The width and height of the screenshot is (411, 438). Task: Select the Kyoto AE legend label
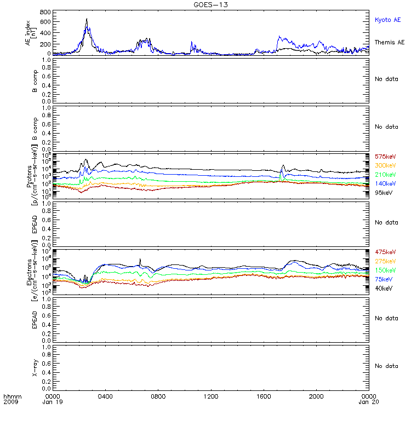387,20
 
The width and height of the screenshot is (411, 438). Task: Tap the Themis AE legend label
389,42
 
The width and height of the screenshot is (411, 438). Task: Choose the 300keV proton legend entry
385,166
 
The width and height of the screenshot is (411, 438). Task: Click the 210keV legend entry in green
385,175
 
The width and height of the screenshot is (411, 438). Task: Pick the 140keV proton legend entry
385,183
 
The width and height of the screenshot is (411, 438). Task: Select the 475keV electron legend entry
385,252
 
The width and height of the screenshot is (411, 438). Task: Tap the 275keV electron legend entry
385,261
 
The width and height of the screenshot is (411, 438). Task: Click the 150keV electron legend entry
385,270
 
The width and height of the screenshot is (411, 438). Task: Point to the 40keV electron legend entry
384,288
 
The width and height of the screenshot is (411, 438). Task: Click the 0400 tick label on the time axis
105,396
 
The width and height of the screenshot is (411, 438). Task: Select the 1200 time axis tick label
210,396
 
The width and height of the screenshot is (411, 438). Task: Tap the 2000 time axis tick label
316,396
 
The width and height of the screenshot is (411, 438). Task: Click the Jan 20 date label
368,402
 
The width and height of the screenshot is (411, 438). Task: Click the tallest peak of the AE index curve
87,19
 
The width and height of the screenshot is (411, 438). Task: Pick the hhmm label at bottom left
12,396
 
